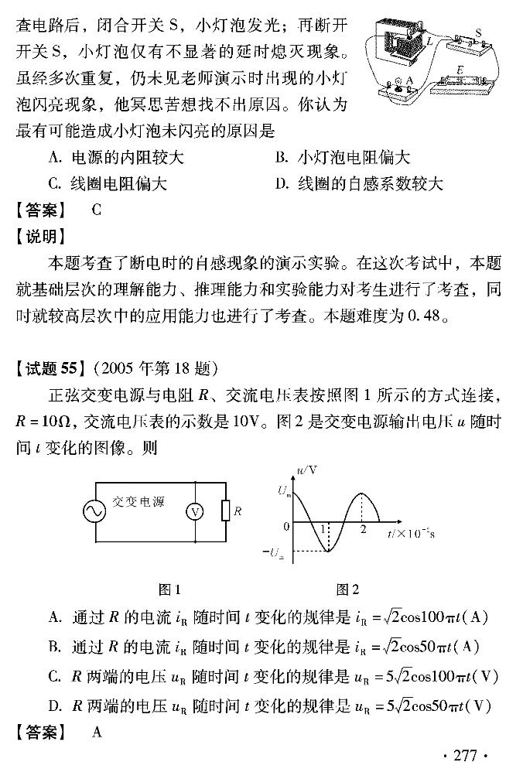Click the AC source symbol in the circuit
pos(97,511)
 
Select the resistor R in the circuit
pos(225,511)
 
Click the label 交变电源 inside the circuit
pos(138,501)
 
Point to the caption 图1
pos(169,589)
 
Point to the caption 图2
pos(347,589)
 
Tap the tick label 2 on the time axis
pos(363,530)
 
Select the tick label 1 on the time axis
pos(322,530)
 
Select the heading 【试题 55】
pos(51,367)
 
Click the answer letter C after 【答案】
pos(96,210)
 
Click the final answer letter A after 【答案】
pos(97,732)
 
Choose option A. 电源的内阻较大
pos(116,158)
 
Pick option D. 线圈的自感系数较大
pos(359,184)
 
